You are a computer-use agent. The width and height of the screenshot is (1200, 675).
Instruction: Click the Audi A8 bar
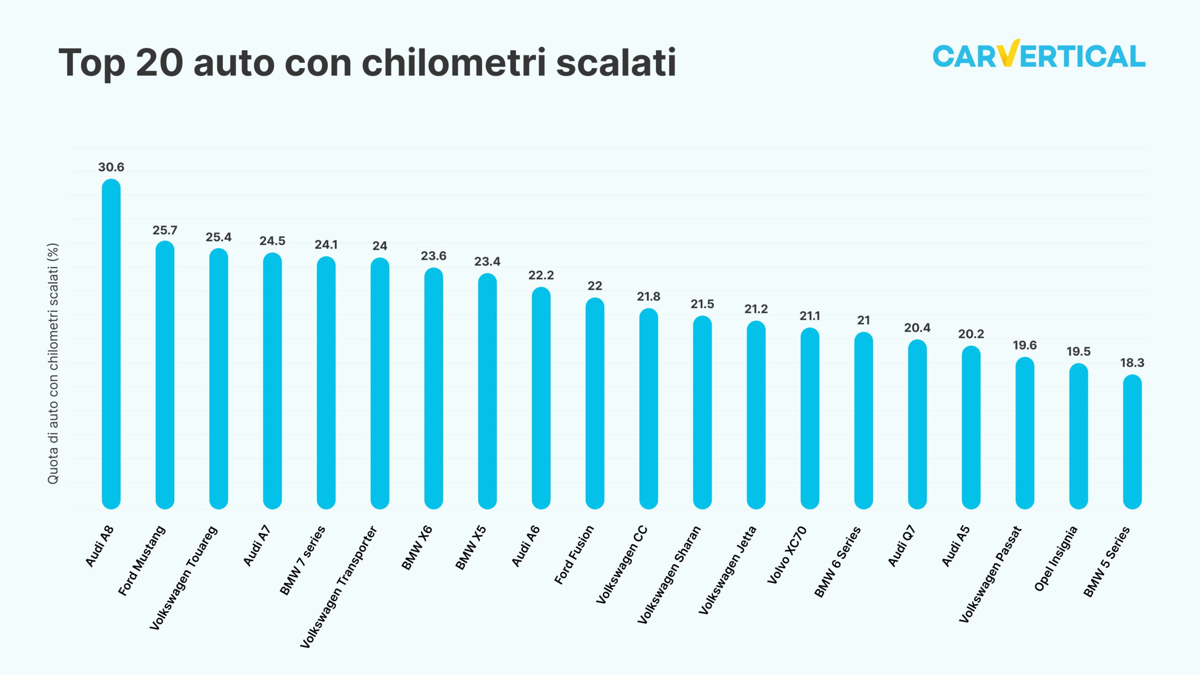111,345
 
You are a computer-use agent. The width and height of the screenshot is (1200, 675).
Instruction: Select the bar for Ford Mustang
165,375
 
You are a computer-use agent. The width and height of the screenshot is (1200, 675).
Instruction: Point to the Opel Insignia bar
1078,436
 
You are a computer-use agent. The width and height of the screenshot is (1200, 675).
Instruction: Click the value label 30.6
111,167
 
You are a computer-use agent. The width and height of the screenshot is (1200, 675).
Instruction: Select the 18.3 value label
1132,363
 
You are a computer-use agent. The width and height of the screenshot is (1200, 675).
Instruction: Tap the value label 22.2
541,276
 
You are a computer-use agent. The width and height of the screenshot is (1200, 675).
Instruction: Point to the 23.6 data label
434,256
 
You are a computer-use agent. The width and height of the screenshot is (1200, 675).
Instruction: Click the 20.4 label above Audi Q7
917,328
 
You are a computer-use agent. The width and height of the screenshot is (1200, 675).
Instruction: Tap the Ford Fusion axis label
574,555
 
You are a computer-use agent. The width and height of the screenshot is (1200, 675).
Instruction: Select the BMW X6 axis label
417,547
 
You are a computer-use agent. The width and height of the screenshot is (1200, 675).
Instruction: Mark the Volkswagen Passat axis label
990,574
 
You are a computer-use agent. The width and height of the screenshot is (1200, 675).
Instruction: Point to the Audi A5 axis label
955,546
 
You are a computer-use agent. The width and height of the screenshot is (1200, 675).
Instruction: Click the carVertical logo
1039,55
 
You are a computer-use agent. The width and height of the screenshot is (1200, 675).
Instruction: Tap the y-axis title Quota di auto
53,363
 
